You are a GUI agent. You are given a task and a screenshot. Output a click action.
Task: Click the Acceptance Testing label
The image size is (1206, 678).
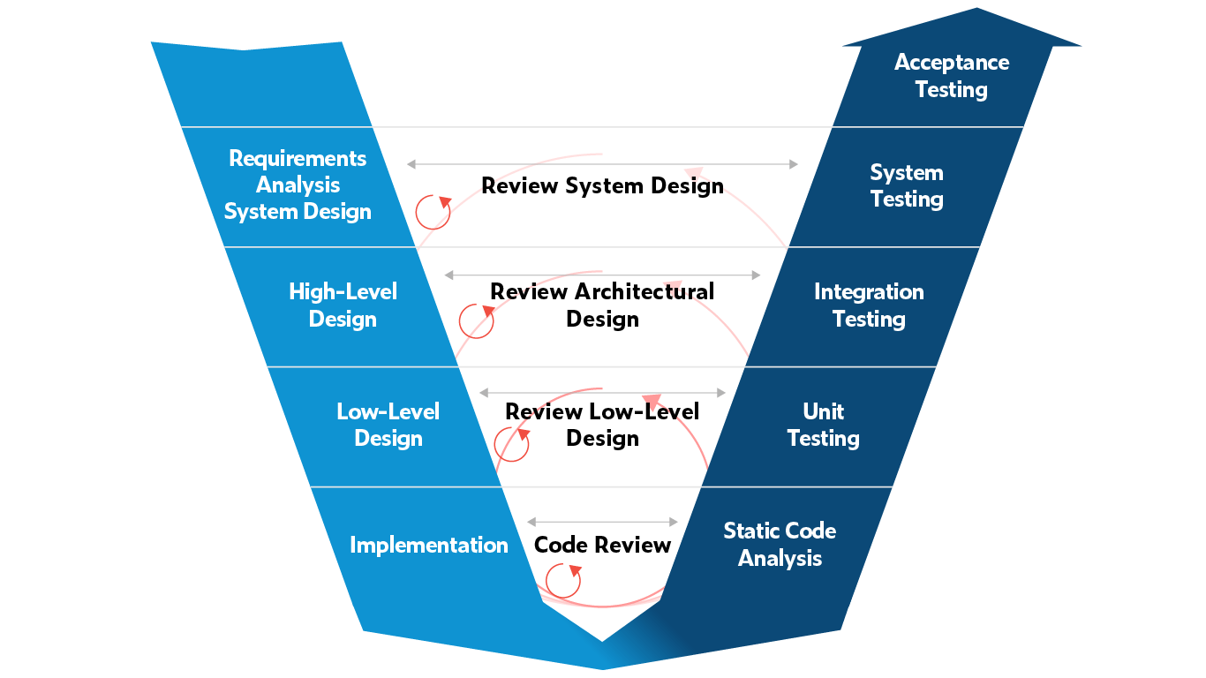pyautogui.click(x=951, y=76)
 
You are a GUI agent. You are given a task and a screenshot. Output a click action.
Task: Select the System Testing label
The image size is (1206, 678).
pyautogui.click(x=907, y=185)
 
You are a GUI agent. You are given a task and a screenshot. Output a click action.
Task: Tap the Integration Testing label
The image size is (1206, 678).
pyautogui.click(x=869, y=305)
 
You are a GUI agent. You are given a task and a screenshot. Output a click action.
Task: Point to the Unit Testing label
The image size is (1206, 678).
pyautogui.click(x=823, y=425)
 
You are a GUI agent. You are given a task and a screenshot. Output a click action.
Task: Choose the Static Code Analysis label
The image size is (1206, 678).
pyautogui.click(x=780, y=544)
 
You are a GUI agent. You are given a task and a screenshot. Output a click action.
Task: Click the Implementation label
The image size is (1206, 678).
pyautogui.click(x=429, y=545)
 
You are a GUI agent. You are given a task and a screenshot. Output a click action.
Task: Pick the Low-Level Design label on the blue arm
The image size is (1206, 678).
pyautogui.click(x=388, y=425)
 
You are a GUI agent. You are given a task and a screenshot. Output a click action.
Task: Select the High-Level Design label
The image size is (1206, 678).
pyautogui.click(x=343, y=305)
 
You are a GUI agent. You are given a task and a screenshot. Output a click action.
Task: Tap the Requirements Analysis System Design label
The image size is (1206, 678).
pyautogui.click(x=298, y=185)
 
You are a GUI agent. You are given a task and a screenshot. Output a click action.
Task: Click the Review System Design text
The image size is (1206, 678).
pyautogui.click(x=602, y=186)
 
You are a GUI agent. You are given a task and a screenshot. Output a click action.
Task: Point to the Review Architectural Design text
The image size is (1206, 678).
pyautogui.click(x=602, y=305)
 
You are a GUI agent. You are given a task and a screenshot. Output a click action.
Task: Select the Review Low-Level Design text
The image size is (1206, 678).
pyautogui.click(x=602, y=425)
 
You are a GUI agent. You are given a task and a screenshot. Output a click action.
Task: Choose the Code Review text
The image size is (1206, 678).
pyautogui.click(x=602, y=546)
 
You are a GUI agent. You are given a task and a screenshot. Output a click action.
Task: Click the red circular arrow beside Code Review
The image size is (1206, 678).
pyautogui.click(x=563, y=580)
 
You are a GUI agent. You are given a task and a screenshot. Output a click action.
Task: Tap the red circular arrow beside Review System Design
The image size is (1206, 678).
pyautogui.click(x=433, y=211)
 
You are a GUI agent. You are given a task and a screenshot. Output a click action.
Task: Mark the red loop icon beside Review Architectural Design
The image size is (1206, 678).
pyautogui.click(x=476, y=320)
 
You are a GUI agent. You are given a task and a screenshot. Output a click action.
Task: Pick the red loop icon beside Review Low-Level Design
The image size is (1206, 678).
pyautogui.click(x=511, y=443)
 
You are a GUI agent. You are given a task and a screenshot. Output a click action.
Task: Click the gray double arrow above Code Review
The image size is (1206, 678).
pyautogui.click(x=602, y=522)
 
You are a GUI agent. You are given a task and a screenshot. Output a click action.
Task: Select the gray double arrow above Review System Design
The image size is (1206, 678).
pyautogui.click(x=602, y=164)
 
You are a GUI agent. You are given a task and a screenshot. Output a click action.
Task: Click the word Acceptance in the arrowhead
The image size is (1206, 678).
pyautogui.click(x=951, y=63)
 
